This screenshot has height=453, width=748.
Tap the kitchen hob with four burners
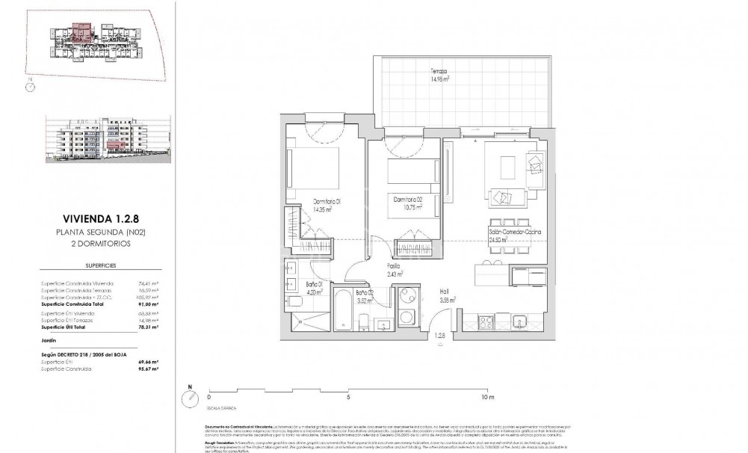tap(484, 321)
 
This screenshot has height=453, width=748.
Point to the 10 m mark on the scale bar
tap(487, 398)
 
